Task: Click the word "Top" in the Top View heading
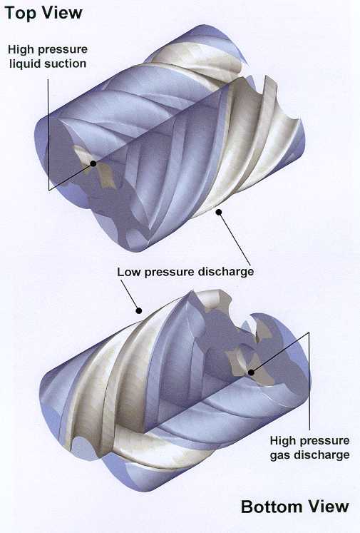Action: point(20,13)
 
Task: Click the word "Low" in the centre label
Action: point(128,272)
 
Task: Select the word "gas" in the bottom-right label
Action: point(280,455)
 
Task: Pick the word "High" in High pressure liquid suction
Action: point(21,49)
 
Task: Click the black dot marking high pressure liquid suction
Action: point(93,164)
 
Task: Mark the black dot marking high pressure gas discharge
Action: point(251,372)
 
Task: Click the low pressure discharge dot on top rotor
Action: point(219,213)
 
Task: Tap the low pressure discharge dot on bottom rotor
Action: point(138,310)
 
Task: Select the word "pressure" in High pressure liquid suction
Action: point(62,50)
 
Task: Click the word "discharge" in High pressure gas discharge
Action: point(322,455)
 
